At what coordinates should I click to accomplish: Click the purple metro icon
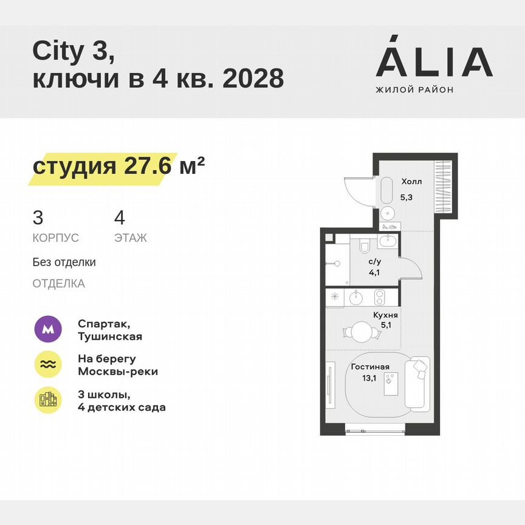(x=48, y=329)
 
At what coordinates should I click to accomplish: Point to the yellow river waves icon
(x=48, y=364)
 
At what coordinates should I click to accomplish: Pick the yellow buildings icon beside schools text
(x=48, y=400)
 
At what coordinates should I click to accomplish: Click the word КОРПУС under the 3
(x=56, y=238)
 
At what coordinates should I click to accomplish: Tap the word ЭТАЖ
(x=131, y=238)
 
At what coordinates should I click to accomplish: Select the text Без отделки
(x=64, y=262)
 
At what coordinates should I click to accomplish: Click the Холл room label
(x=411, y=181)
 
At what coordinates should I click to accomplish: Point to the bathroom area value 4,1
(x=375, y=272)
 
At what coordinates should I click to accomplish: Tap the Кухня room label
(x=386, y=315)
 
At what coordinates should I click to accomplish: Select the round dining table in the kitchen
(x=361, y=332)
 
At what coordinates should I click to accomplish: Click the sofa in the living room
(x=417, y=382)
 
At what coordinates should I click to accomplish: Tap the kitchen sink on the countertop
(x=357, y=298)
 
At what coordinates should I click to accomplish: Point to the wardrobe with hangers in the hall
(x=445, y=187)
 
